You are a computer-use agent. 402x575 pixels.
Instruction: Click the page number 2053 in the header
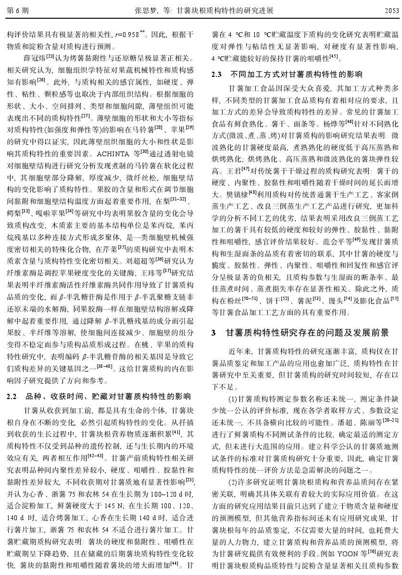pyautogui.click(x=386, y=10)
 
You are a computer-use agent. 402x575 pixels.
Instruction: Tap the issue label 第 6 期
pyautogui.click(x=18, y=10)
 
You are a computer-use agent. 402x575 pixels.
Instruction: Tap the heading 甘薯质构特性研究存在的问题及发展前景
pyautogui.click(x=314, y=332)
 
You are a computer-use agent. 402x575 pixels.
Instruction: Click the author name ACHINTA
pyautogui.click(x=112, y=154)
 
